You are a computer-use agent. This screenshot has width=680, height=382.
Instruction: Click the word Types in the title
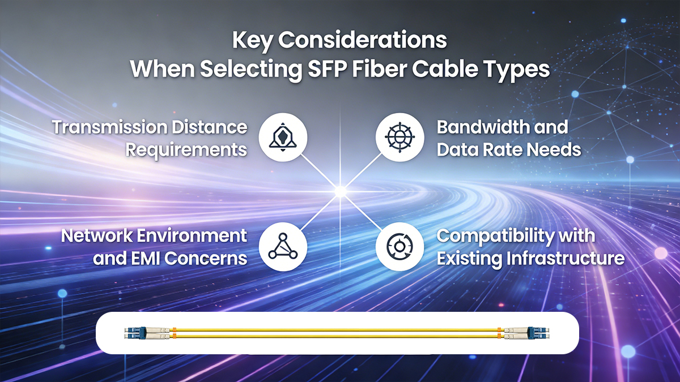pos(517,69)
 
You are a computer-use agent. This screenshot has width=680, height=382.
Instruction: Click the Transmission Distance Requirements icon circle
pos(283,138)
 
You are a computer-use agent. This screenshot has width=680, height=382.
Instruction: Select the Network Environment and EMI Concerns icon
pos(283,247)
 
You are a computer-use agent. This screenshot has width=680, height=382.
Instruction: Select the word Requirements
pos(186,150)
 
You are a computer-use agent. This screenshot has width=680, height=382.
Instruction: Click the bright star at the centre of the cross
pos(341,192)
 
